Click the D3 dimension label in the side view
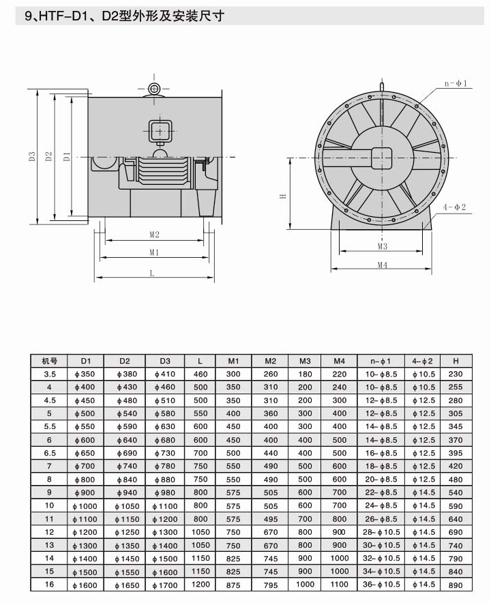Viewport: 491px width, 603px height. click(32, 156)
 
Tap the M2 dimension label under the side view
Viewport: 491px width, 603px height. click(154, 234)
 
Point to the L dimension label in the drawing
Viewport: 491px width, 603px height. click(152, 273)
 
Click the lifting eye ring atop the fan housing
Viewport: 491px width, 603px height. click(154, 89)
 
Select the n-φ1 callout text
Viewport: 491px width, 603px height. click(456, 83)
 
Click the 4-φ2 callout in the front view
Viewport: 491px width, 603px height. click(454, 207)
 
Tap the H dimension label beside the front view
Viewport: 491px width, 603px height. click(282, 196)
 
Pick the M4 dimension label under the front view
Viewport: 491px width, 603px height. click(382, 265)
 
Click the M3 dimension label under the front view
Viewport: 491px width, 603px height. click(382, 246)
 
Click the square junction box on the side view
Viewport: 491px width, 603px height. click(160, 132)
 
